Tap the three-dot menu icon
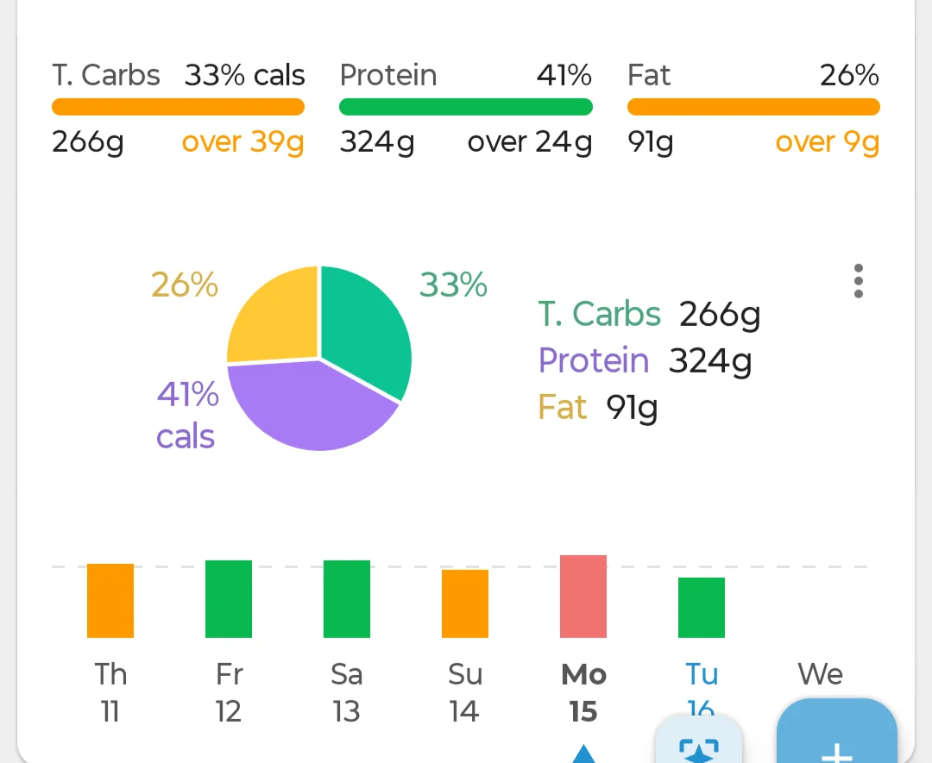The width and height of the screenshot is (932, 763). pyautogui.click(x=858, y=281)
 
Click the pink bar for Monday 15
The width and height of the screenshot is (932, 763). pyautogui.click(x=583, y=596)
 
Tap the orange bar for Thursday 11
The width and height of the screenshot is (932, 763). pyautogui.click(x=110, y=600)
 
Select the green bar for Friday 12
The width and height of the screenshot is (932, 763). pyautogui.click(x=228, y=598)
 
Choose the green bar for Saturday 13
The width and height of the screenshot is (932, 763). pyautogui.click(x=347, y=598)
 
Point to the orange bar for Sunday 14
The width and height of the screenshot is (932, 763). pyautogui.click(x=465, y=604)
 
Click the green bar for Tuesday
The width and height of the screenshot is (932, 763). pyautogui.click(x=702, y=608)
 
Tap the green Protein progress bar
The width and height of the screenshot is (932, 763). pyautogui.click(x=465, y=107)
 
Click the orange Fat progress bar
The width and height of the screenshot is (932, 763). pyautogui.click(x=753, y=107)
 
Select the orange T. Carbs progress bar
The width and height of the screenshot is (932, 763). pyautogui.click(x=179, y=107)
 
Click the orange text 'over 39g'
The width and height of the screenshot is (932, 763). pyautogui.click(x=242, y=142)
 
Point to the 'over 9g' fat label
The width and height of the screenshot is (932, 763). pyautogui.click(x=828, y=142)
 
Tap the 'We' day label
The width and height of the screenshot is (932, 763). pyautogui.click(x=821, y=674)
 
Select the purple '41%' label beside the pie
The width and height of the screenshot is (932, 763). pyautogui.click(x=188, y=394)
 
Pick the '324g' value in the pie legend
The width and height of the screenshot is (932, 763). pyautogui.click(x=710, y=361)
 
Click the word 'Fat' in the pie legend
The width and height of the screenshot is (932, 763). pyautogui.click(x=563, y=407)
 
